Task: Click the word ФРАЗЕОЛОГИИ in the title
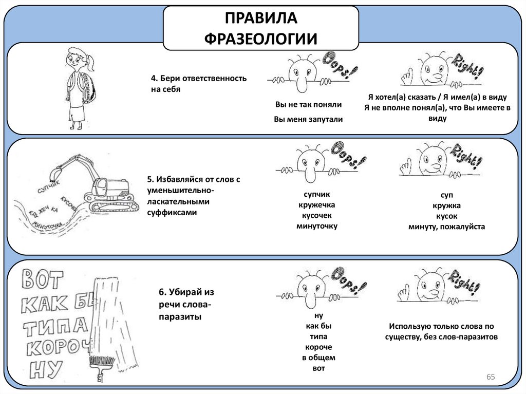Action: (260, 39)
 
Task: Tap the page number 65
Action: (490, 378)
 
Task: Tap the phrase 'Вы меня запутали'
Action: (308, 119)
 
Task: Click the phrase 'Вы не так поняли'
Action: (308, 104)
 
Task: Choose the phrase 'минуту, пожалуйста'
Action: (446, 226)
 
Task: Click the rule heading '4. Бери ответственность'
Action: (199, 78)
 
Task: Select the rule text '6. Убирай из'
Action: (186, 292)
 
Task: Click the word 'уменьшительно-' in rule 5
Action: (180, 191)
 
